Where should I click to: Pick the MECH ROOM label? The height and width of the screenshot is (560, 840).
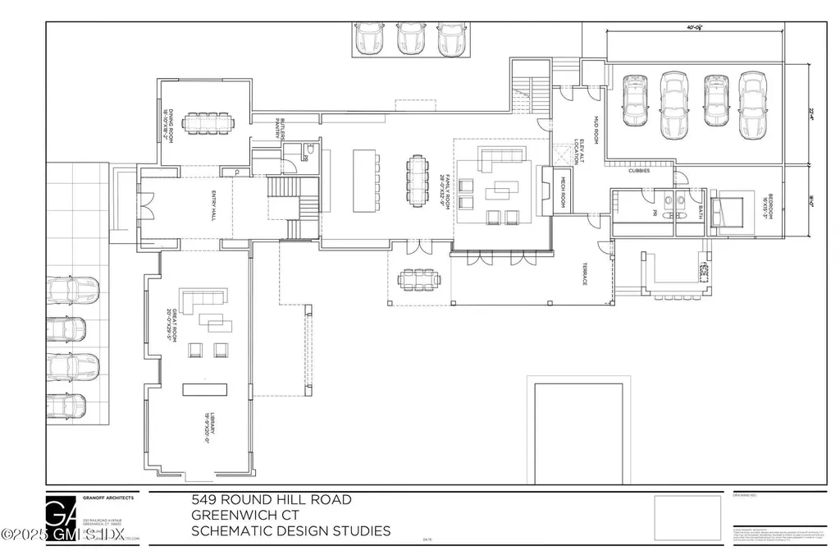coord(564,190)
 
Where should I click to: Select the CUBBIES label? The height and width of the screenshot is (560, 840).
coord(640,171)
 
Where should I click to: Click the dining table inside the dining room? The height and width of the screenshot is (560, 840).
coord(209,123)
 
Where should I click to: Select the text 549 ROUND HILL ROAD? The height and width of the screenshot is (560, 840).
coord(271,499)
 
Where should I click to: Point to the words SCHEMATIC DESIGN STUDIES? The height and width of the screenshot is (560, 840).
coord(290,530)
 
